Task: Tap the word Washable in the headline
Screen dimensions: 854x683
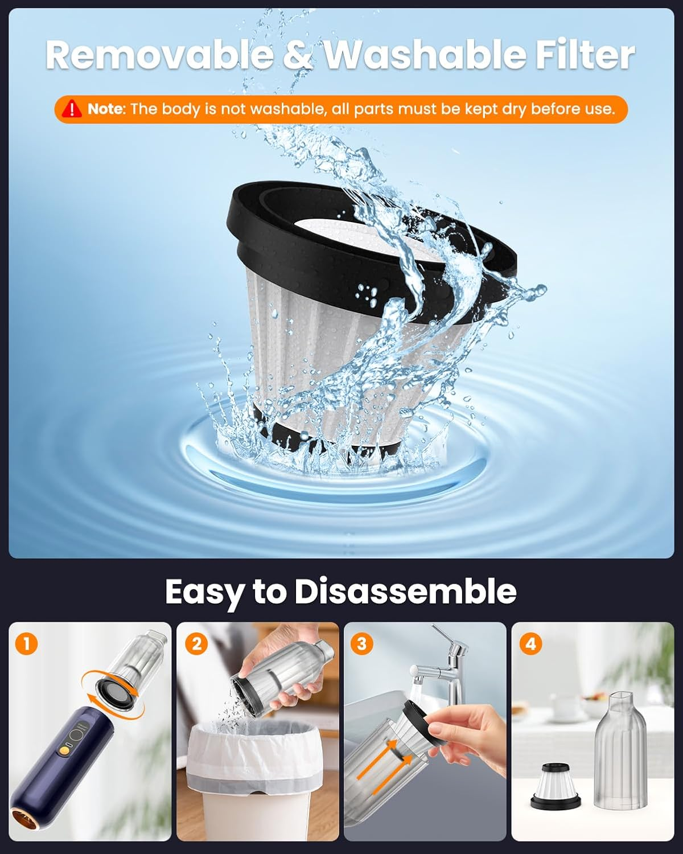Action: pyautogui.click(x=424, y=55)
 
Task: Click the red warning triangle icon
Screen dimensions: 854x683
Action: pyautogui.click(x=72, y=108)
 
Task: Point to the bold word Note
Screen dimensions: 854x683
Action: pyautogui.click(x=106, y=109)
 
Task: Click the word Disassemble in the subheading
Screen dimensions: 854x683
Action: pyautogui.click(x=405, y=592)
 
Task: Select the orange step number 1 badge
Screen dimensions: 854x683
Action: pyautogui.click(x=27, y=644)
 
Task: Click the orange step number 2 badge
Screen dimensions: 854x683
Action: pyautogui.click(x=196, y=644)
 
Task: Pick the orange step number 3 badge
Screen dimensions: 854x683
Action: pyautogui.click(x=362, y=644)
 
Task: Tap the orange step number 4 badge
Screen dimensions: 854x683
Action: pyautogui.click(x=530, y=644)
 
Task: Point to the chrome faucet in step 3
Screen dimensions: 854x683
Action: pyautogui.click(x=450, y=663)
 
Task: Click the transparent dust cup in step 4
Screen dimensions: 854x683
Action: pyautogui.click(x=620, y=752)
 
